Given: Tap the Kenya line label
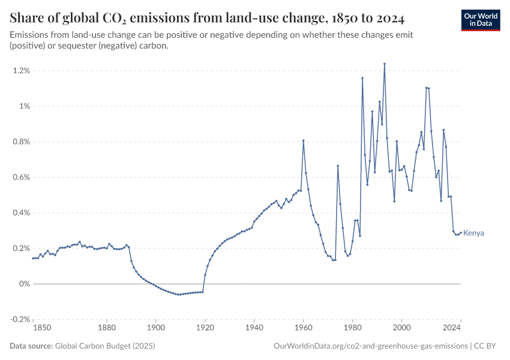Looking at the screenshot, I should click(473, 233).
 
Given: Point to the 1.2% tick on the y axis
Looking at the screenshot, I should click(21, 71).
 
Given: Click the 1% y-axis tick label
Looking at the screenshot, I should click(24, 106).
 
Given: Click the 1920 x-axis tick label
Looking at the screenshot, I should click(205, 328).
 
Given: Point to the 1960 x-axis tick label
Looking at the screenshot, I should click(304, 328).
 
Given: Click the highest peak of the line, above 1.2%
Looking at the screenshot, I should click(385, 64).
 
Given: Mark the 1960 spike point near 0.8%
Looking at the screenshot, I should click(304, 140).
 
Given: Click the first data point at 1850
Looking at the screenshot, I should click(33, 258).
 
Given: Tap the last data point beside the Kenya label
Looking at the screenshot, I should click(461, 233).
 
